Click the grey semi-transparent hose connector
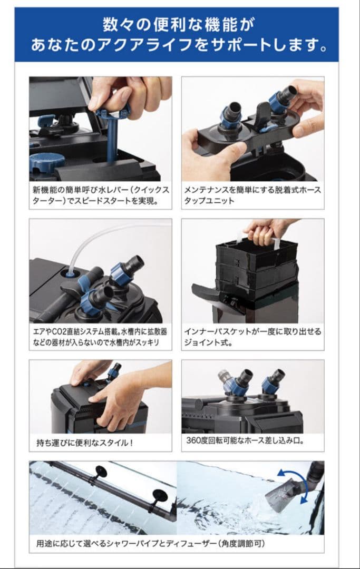tap(225, 376)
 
